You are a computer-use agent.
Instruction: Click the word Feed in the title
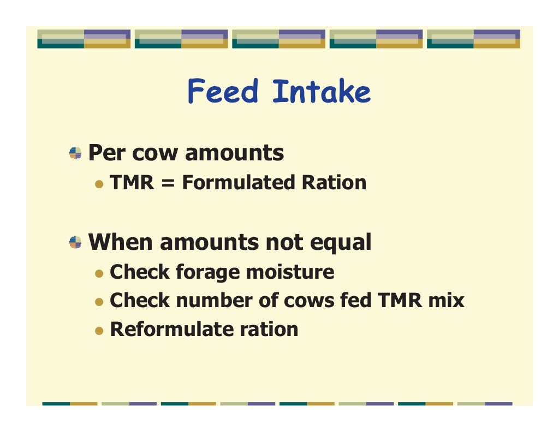tap(222, 92)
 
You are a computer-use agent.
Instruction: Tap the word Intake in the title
tap(322, 92)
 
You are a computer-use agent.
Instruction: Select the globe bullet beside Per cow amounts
tap(75, 153)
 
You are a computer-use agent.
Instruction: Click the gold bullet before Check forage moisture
tap(99, 273)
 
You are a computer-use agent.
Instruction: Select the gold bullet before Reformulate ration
tap(99, 331)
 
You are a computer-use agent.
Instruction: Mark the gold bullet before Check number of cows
tap(99, 301)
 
